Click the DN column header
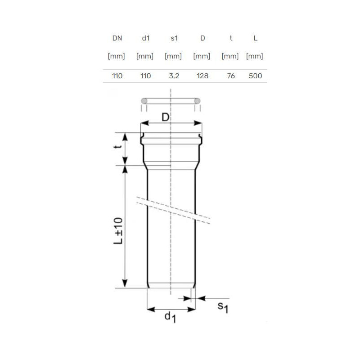pos(117,38)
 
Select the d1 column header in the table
pos(146,38)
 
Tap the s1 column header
pos(174,38)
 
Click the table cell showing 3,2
pos(174,76)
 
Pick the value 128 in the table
pos(202,76)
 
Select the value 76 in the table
pos(231,76)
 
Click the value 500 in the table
pos(255,76)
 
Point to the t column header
pos(231,38)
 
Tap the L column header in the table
pos(255,38)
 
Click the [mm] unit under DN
pos(117,56)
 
